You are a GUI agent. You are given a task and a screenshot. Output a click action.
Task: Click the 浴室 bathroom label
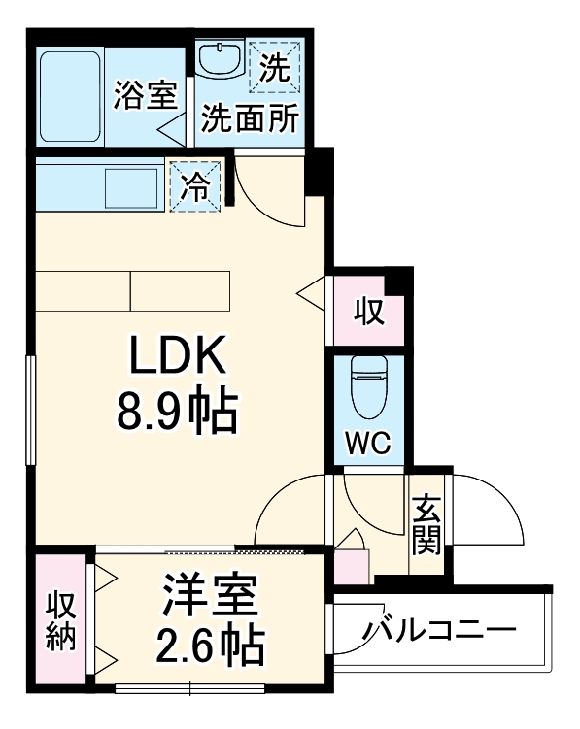[x=146, y=97]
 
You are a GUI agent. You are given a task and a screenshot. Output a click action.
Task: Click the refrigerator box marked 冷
[x=197, y=184]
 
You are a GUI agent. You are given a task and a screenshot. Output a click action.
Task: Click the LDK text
[x=178, y=357]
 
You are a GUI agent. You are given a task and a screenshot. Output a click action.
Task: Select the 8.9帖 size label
[x=178, y=413]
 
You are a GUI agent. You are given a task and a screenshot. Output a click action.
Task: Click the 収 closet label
[x=367, y=313]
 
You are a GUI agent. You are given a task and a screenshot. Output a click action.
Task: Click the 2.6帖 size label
[x=210, y=643]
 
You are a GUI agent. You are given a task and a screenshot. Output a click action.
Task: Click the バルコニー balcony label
[x=439, y=632]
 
